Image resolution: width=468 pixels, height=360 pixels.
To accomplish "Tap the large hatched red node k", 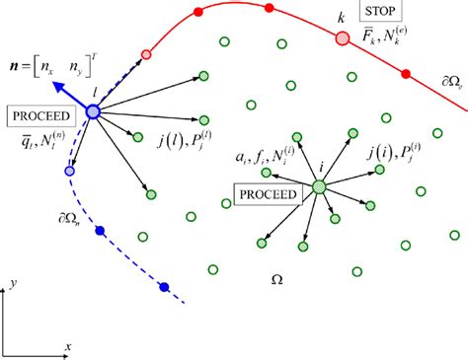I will pyautogui.click(x=343, y=38).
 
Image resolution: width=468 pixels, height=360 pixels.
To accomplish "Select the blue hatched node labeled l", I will pyautogui.click(x=95, y=113).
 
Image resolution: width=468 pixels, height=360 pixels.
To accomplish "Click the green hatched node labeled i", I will pyautogui.click(x=319, y=186).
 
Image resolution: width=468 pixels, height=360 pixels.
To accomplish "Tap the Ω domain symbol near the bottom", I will pyautogui.click(x=275, y=281).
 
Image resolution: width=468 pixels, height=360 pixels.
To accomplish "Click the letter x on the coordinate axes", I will pyautogui.click(x=68, y=346).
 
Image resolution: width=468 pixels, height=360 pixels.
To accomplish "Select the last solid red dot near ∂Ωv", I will pyautogui.click(x=405, y=74).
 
